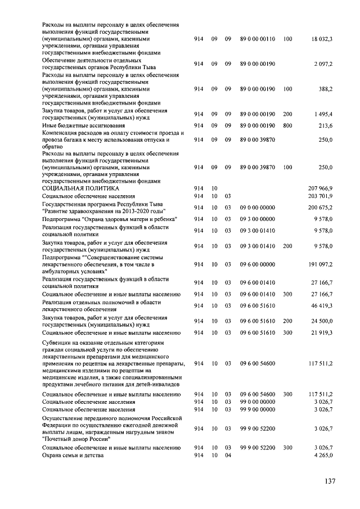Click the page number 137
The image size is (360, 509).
click(x=330, y=481)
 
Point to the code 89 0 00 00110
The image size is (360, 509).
click(x=258, y=39)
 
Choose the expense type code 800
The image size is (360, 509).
click(x=287, y=125)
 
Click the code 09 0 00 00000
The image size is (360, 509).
click(x=258, y=207)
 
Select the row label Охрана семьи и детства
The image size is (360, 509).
click(x=74, y=454)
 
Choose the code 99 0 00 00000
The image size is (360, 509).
click(x=258, y=402)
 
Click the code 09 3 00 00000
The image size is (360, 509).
click(x=258, y=219)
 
